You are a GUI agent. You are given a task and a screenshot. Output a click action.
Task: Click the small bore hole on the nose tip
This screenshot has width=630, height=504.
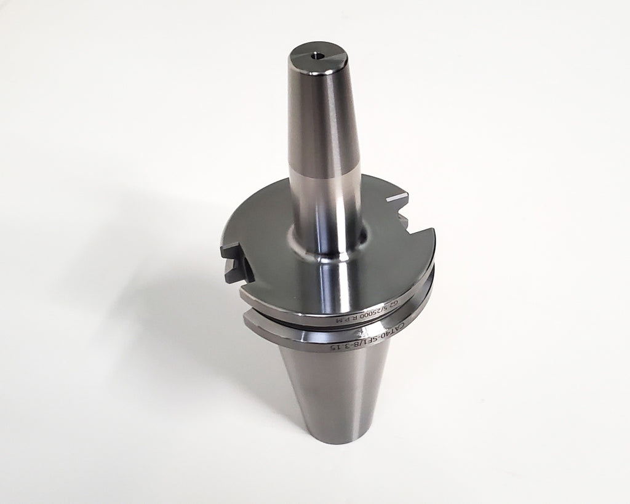pyautogui.click(x=318, y=55)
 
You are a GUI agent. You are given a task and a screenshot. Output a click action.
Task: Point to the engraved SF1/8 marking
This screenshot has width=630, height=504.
pyautogui.click(x=369, y=342)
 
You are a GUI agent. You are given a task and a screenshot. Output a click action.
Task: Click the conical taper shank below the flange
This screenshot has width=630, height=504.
pyautogui.click(x=332, y=388)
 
